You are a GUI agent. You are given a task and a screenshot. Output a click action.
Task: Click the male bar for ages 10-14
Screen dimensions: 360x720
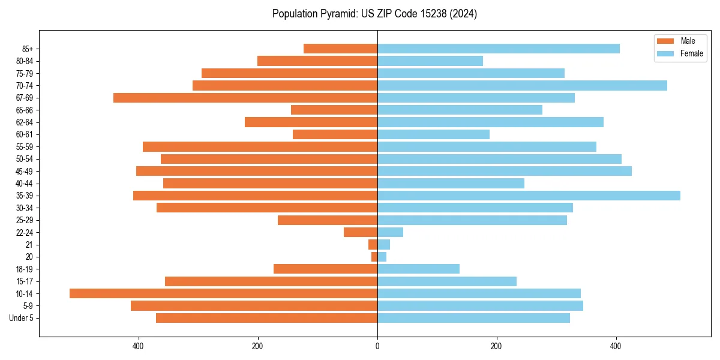tap(223, 293)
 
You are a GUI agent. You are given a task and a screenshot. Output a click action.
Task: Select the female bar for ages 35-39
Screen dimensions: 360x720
tap(529, 196)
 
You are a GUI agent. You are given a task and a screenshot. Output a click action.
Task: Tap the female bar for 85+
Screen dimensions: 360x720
tap(498, 49)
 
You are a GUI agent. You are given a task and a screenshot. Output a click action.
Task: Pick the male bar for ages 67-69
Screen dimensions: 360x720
tap(245, 98)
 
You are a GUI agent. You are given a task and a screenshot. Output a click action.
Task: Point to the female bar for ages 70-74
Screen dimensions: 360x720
tap(522, 85)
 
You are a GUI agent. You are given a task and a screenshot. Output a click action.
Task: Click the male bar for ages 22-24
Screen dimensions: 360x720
tap(361, 232)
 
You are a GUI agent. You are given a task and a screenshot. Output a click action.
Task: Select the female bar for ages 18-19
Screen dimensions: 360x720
tap(418, 269)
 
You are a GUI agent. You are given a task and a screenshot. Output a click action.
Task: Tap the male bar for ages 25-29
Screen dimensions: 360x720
tap(328, 220)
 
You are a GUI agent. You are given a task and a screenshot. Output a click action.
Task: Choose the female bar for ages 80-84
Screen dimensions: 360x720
tap(430, 61)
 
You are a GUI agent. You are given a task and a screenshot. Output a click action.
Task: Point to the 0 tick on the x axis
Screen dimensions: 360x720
tap(377, 346)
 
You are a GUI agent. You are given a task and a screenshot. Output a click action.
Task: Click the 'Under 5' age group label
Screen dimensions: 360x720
tap(22, 318)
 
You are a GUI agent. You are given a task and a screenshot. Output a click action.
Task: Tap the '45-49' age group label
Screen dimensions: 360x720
tap(24, 171)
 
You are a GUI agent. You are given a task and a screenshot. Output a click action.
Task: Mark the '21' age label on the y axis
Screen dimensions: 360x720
tap(29, 245)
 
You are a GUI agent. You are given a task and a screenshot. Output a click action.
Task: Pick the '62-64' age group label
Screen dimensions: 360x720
tap(24, 122)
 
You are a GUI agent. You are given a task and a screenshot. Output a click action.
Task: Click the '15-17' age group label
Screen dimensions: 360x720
tap(24, 281)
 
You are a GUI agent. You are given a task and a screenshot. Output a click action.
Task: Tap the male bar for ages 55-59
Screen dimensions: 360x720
tap(260, 146)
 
